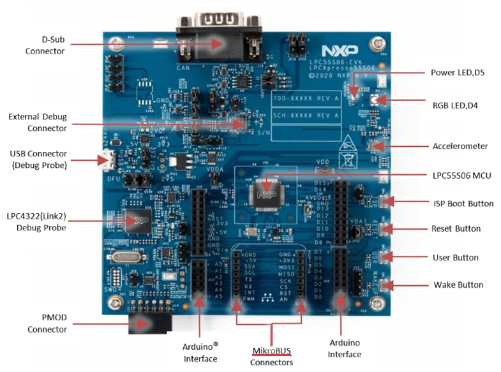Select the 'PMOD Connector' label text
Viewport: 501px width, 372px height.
(x=46, y=324)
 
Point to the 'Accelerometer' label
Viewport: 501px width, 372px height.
(x=460, y=146)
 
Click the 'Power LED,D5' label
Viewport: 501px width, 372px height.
(x=458, y=73)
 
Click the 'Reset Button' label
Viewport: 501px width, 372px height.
(x=456, y=228)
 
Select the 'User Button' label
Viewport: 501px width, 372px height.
(x=455, y=258)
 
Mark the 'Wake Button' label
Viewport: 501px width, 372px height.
(x=458, y=285)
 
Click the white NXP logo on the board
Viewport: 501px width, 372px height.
(x=336, y=50)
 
